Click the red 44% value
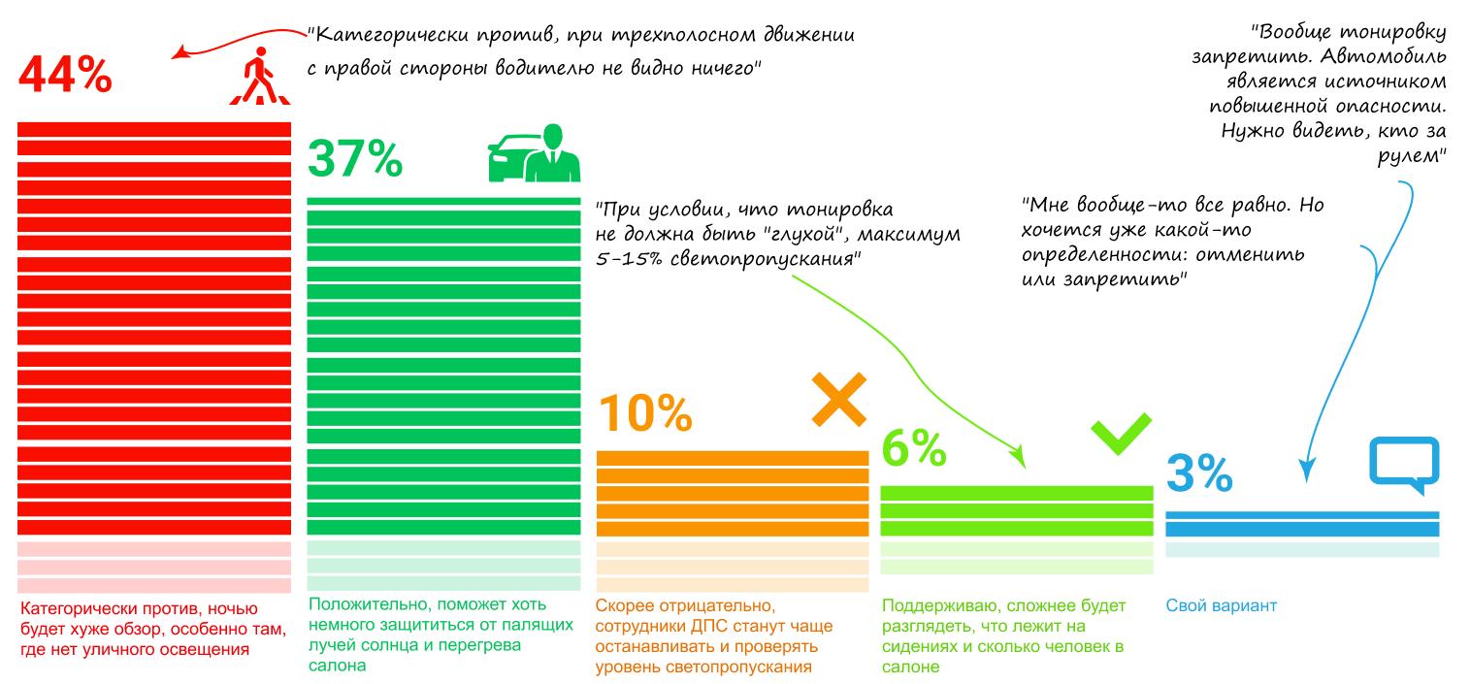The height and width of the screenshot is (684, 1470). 65,76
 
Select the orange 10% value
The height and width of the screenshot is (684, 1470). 644,412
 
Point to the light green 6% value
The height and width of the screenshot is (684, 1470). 913,447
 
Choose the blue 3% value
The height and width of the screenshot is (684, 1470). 1198,473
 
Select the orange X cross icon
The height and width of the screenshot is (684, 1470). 838,398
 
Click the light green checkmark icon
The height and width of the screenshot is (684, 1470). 1121,436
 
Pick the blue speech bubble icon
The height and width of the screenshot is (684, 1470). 1403,462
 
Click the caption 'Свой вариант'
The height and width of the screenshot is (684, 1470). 1221,606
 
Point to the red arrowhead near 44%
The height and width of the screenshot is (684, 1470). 177,55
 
